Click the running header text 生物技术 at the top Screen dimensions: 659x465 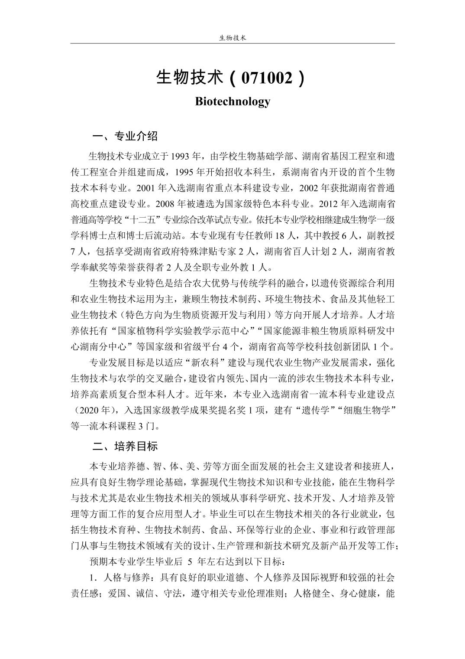(x=232, y=38)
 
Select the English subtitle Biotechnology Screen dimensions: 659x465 (x=232, y=101)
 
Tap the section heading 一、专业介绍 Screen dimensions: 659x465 (x=125, y=137)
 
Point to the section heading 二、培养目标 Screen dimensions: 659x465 (x=125, y=446)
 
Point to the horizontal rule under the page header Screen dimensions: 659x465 (x=232, y=43)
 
